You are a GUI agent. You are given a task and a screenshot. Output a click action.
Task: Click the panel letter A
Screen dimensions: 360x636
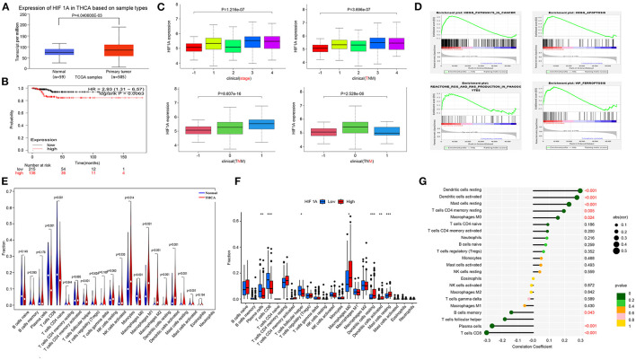(5, 7)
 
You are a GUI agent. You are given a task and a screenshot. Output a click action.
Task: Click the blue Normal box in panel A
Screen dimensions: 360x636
(59, 51)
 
